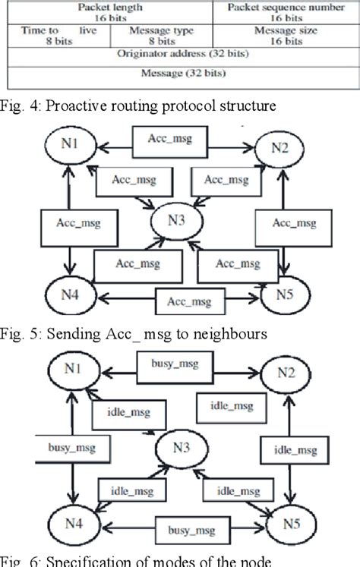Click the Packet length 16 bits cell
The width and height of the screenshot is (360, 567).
pos(108,11)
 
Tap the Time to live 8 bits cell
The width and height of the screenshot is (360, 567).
pos(58,36)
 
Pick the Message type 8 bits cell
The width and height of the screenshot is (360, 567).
pos(161,36)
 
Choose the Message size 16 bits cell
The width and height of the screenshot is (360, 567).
pos(286,36)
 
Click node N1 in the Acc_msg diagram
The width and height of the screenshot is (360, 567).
pos(69,144)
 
